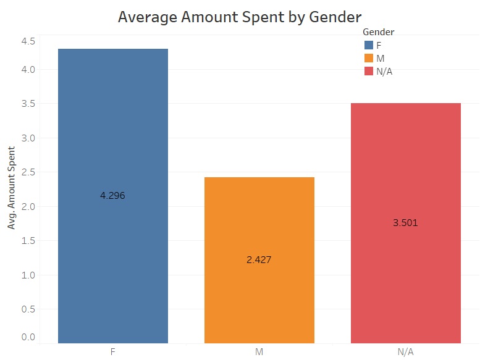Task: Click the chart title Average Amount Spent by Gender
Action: (x=240, y=17)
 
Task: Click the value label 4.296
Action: (x=113, y=196)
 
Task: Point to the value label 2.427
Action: (x=259, y=260)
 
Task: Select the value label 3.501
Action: (x=405, y=223)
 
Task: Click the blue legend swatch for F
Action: (x=369, y=45)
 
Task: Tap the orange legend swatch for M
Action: (x=369, y=58)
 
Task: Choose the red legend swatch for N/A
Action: (x=369, y=72)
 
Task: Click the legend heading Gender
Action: (x=379, y=31)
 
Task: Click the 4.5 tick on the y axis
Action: (x=28, y=41)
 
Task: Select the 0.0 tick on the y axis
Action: (x=28, y=337)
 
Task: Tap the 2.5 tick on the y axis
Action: (x=28, y=172)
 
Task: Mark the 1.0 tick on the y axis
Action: (x=28, y=275)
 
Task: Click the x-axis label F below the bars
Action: (x=113, y=352)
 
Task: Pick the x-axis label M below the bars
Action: (x=259, y=352)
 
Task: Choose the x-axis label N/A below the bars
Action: (x=405, y=352)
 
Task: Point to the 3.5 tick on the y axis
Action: (x=28, y=104)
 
